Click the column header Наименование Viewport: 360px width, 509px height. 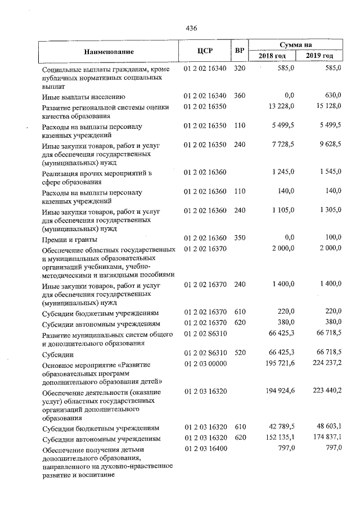pos(108,51)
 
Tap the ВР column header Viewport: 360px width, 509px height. pos(240,51)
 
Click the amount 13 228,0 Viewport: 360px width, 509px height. pos(282,106)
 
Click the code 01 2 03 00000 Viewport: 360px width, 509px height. pos(205,364)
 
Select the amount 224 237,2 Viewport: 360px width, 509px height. pos(322,364)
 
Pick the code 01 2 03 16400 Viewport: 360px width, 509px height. pos(205,448)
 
